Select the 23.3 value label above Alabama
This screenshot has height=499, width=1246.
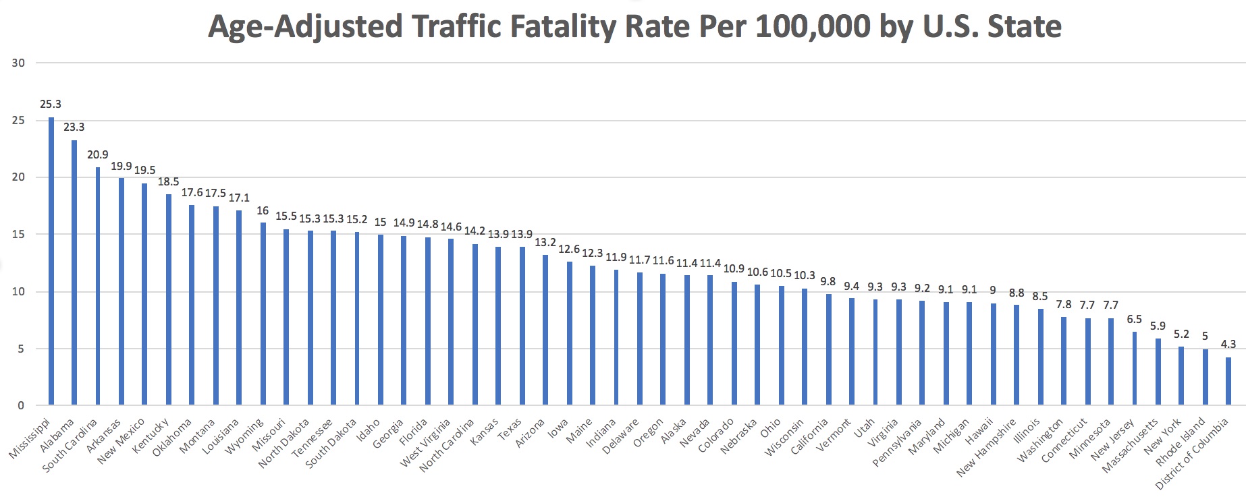[x=74, y=127]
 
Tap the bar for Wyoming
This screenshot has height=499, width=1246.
[x=264, y=314]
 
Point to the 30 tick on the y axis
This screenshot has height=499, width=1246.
[x=18, y=63]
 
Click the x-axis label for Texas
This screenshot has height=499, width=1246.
[x=510, y=428]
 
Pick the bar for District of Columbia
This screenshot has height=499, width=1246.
[x=1228, y=381]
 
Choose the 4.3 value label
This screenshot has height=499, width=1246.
[x=1228, y=345]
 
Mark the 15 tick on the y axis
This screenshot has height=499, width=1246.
[x=18, y=235]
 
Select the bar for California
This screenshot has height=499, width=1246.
[x=829, y=349]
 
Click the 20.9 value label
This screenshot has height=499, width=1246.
[x=98, y=155]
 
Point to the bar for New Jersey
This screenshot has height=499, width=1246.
[x=1135, y=368]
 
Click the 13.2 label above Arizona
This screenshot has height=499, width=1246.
[x=545, y=243]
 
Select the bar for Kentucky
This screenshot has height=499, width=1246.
[x=169, y=299]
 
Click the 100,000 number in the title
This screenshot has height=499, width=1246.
[x=813, y=27]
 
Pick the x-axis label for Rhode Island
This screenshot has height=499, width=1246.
[x=1181, y=441]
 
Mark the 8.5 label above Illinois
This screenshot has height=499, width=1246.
[x=1040, y=296]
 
